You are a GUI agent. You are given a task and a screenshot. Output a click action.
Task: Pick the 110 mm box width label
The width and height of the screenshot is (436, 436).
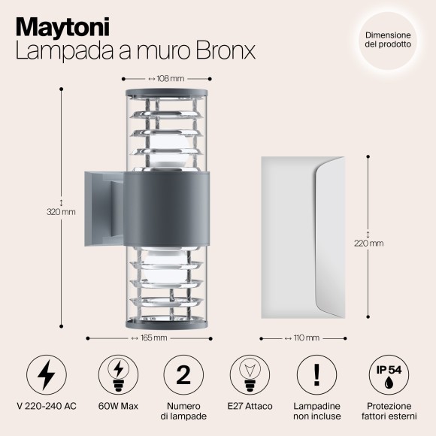[x=303, y=338]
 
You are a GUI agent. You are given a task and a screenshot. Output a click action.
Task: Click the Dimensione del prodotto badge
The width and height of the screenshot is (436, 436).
[x=388, y=40]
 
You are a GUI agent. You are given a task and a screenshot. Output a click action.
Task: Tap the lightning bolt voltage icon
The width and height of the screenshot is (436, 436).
[x=47, y=374]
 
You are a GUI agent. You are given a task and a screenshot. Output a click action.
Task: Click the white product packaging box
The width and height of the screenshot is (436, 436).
[x=303, y=232]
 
